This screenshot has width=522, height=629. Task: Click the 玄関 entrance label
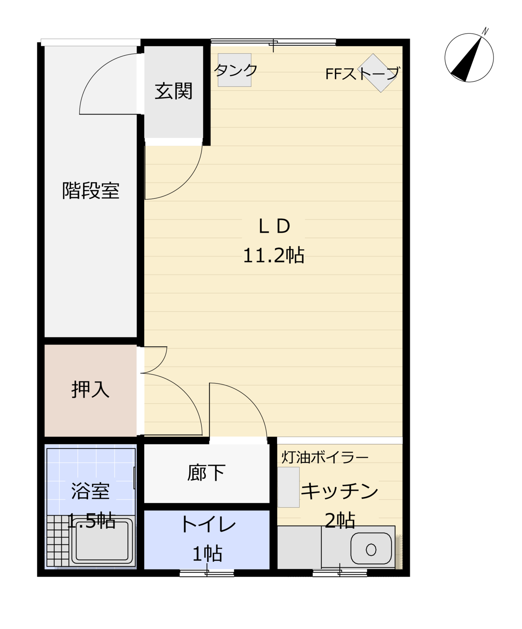click(x=173, y=91)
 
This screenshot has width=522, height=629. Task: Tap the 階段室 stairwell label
click(x=91, y=190)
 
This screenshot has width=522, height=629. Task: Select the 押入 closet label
click(x=90, y=390)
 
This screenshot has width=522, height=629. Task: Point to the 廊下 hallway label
click(x=206, y=473)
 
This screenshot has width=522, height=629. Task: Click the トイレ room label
click(x=208, y=524)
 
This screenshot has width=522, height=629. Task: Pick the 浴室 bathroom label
click(x=90, y=491)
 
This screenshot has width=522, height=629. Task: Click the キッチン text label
click(x=340, y=491)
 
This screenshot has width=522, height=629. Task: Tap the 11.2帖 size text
click(x=273, y=255)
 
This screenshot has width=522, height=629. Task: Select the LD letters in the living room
click(x=274, y=226)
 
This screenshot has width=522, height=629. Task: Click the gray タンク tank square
click(x=235, y=70)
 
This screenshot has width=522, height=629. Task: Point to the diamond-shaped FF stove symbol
click(x=377, y=73)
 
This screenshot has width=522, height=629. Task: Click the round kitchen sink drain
click(x=371, y=550)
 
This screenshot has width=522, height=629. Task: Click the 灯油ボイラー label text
click(x=325, y=458)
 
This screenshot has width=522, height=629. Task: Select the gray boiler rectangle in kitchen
click(x=289, y=487)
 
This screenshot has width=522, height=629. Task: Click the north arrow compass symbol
click(x=469, y=57)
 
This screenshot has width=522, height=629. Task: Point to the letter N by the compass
click(x=485, y=31)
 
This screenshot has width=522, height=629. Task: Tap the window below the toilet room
click(x=207, y=573)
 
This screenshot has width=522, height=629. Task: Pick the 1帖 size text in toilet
click(x=207, y=554)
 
